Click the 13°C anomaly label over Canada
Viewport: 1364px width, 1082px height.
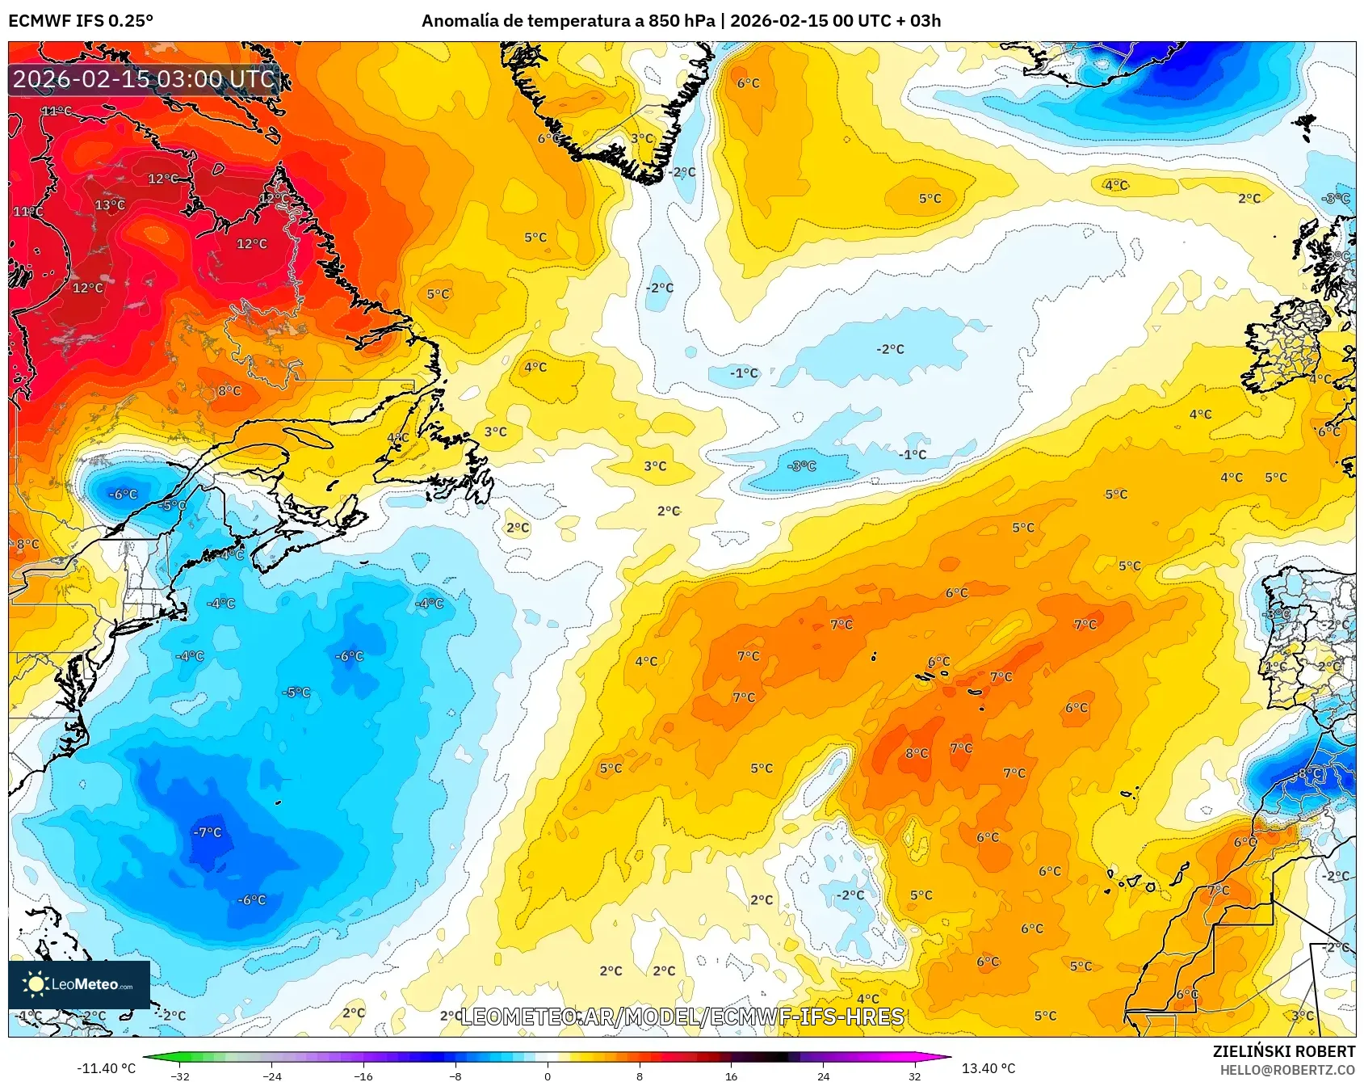(x=110, y=205)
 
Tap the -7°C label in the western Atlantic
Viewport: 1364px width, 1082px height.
(x=208, y=832)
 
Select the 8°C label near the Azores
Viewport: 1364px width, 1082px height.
(x=917, y=753)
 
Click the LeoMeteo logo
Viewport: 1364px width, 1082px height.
(x=79, y=984)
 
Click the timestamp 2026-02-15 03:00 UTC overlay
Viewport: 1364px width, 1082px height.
(x=144, y=79)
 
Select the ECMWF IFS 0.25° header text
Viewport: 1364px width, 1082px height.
(x=81, y=21)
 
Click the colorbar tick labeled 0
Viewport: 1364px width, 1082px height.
(x=548, y=1076)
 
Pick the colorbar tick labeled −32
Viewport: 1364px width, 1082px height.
(x=181, y=1076)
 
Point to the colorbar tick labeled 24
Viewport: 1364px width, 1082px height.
(x=823, y=1076)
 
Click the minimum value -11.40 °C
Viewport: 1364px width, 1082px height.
(x=106, y=1068)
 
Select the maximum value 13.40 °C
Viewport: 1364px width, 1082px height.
(x=988, y=1068)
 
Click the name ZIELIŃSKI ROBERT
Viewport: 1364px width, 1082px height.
(x=1284, y=1051)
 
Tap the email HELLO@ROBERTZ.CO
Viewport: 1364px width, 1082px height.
(x=1287, y=1070)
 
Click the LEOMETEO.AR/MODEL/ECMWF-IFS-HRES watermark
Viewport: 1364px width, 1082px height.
(x=682, y=1017)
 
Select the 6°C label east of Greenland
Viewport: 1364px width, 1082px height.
(x=748, y=83)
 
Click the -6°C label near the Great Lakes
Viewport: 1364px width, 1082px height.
(x=124, y=495)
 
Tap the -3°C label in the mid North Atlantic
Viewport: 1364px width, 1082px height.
(x=802, y=466)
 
